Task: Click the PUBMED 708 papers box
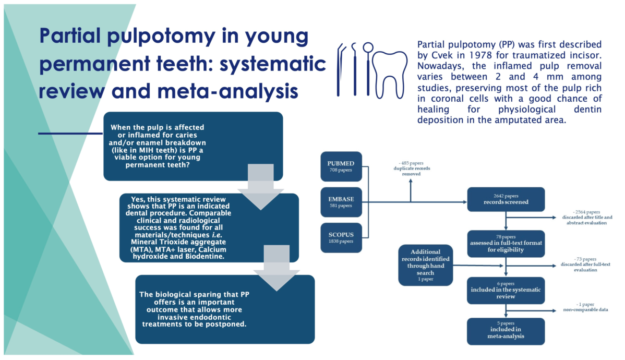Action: click(341, 166)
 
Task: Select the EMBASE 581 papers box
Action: click(341, 202)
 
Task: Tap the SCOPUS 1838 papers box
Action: click(341, 237)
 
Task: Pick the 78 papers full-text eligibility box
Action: click(506, 243)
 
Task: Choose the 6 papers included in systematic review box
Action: click(506, 290)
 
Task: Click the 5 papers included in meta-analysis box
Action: click(506, 330)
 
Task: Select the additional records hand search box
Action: click(425, 264)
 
